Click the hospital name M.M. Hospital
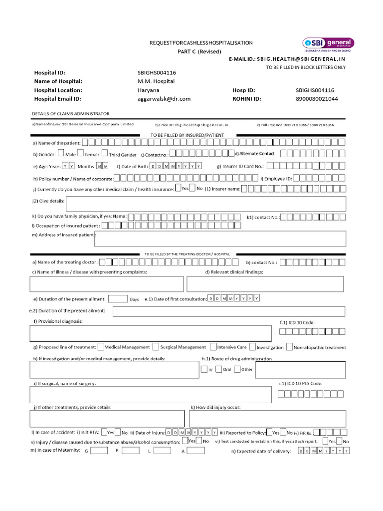(156, 81)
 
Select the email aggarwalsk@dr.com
(164, 99)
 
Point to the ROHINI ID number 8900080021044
(317, 99)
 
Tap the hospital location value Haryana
(148, 90)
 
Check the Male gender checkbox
(61, 154)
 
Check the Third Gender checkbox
(104, 154)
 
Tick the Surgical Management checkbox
(156, 346)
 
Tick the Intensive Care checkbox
(213, 346)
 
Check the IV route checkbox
(203, 369)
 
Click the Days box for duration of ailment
(118, 299)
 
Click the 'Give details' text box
(205, 204)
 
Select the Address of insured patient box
(219, 239)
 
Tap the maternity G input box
(99, 450)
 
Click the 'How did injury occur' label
(215, 407)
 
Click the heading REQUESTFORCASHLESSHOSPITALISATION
(201, 43)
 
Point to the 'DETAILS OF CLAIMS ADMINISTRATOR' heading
(70, 114)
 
